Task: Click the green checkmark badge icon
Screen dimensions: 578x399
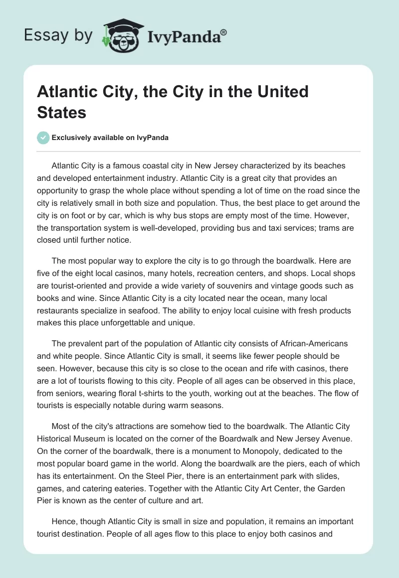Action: [x=43, y=138]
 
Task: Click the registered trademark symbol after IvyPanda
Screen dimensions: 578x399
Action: [x=224, y=32]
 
